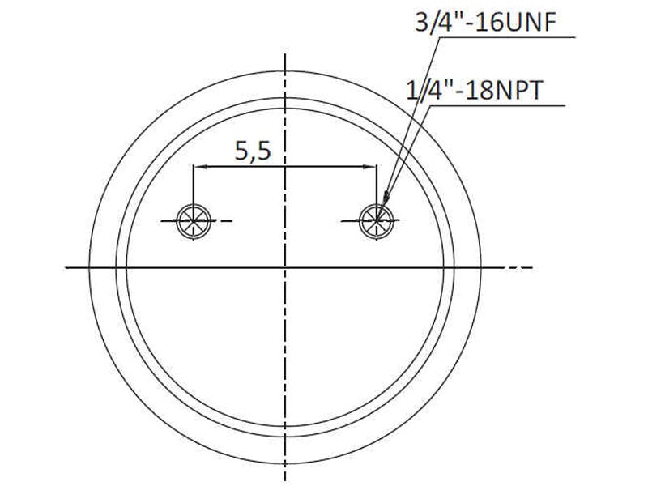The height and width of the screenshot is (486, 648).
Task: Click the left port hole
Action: click(194, 218)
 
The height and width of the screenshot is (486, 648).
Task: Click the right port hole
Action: click(377, 218)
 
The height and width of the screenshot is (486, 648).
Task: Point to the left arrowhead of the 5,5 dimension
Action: click(198, 167)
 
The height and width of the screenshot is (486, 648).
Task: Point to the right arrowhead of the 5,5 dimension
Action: click(373, 167)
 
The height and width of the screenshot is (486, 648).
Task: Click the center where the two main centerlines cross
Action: click(285, 267)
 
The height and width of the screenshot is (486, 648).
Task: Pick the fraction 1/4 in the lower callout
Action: click(421, 90)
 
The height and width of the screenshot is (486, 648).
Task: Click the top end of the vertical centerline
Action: click(285, 55)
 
